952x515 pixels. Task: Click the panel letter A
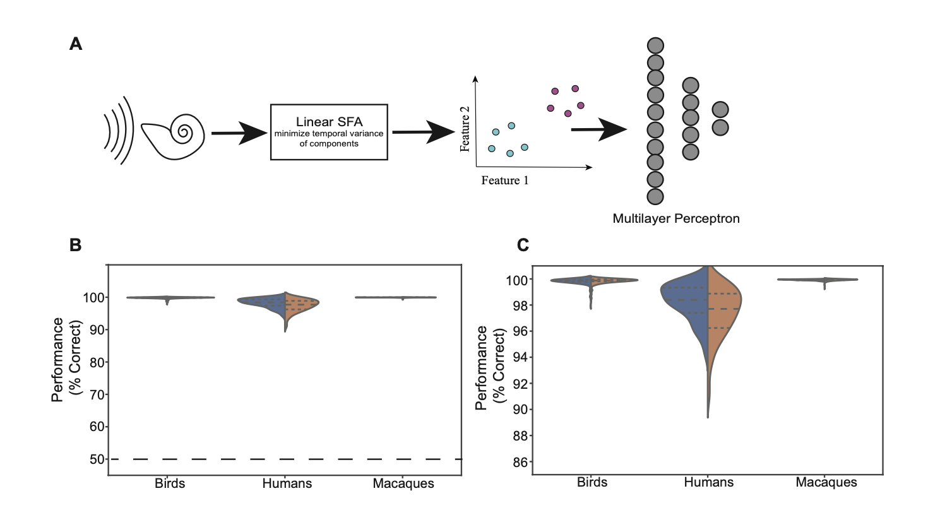point(76,44)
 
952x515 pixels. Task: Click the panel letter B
point(76,245)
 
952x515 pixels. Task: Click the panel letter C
point(523,245)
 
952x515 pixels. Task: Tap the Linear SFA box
point(329,132)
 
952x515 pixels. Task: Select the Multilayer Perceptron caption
point(675,218)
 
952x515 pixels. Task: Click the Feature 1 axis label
point(504,181)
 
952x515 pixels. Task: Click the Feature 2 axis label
point(465,129)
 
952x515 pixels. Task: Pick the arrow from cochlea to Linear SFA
point(239,133)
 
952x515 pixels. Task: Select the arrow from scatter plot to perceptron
point(598,130)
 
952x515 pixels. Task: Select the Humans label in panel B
point(287,484)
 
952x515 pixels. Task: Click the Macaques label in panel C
point(826,483)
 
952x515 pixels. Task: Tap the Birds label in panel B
point(170,484)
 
